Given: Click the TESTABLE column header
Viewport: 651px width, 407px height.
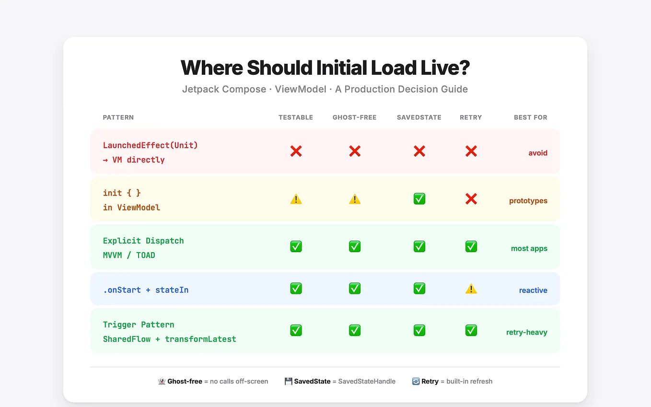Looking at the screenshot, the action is [296, 117].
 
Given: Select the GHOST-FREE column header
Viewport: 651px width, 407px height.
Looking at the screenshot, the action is [354, 117].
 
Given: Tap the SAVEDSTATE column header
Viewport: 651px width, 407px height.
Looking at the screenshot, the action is [419, 117].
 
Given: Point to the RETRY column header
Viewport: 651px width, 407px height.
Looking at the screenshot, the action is [471, 117].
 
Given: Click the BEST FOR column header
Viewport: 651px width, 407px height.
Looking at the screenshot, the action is [530, 117].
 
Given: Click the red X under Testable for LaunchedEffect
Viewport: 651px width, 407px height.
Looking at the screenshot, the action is [296, 151].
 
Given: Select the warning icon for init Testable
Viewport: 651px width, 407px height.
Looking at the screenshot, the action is [296, 199].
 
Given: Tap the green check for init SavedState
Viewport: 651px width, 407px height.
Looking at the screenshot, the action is [419, 199].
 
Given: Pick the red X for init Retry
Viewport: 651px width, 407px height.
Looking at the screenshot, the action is [471, 199].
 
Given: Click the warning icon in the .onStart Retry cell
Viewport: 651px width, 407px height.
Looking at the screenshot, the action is [471, 289].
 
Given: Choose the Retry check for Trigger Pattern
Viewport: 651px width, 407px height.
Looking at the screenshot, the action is [471, 330].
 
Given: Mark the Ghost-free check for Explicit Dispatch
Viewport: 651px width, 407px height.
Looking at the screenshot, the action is [355, 246].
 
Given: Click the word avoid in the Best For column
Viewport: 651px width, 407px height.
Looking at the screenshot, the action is [538, 153].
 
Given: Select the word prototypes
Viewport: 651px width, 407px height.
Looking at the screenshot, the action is [528, 201].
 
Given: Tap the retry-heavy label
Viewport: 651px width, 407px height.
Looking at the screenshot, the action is [527, 332].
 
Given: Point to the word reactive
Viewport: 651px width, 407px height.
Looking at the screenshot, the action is [533, 291].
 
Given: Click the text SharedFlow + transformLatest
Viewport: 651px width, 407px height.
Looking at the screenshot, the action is [170, 339].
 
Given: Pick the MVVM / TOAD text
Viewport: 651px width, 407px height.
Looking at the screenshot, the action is [129, 255].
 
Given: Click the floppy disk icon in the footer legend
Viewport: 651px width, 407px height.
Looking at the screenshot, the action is [289, 382].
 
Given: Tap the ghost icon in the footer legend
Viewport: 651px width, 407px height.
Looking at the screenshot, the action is [162, 382].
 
